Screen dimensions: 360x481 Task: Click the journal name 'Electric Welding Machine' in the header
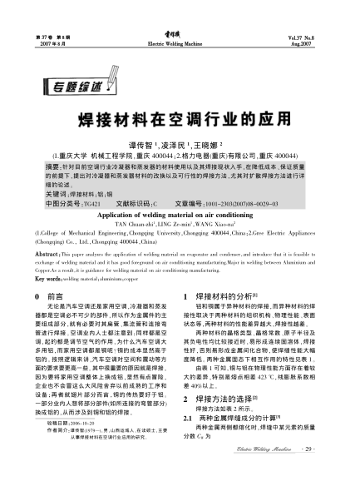pyautogui.click(x=180, y=42)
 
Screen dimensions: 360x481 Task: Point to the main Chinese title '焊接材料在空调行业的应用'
pyautogui.click(x=179, y=119)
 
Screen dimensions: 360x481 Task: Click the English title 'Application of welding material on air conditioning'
pyautogui.click(x=179, y=214)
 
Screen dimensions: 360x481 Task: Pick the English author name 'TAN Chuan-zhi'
pyautogui.click(x=131, y=224)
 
